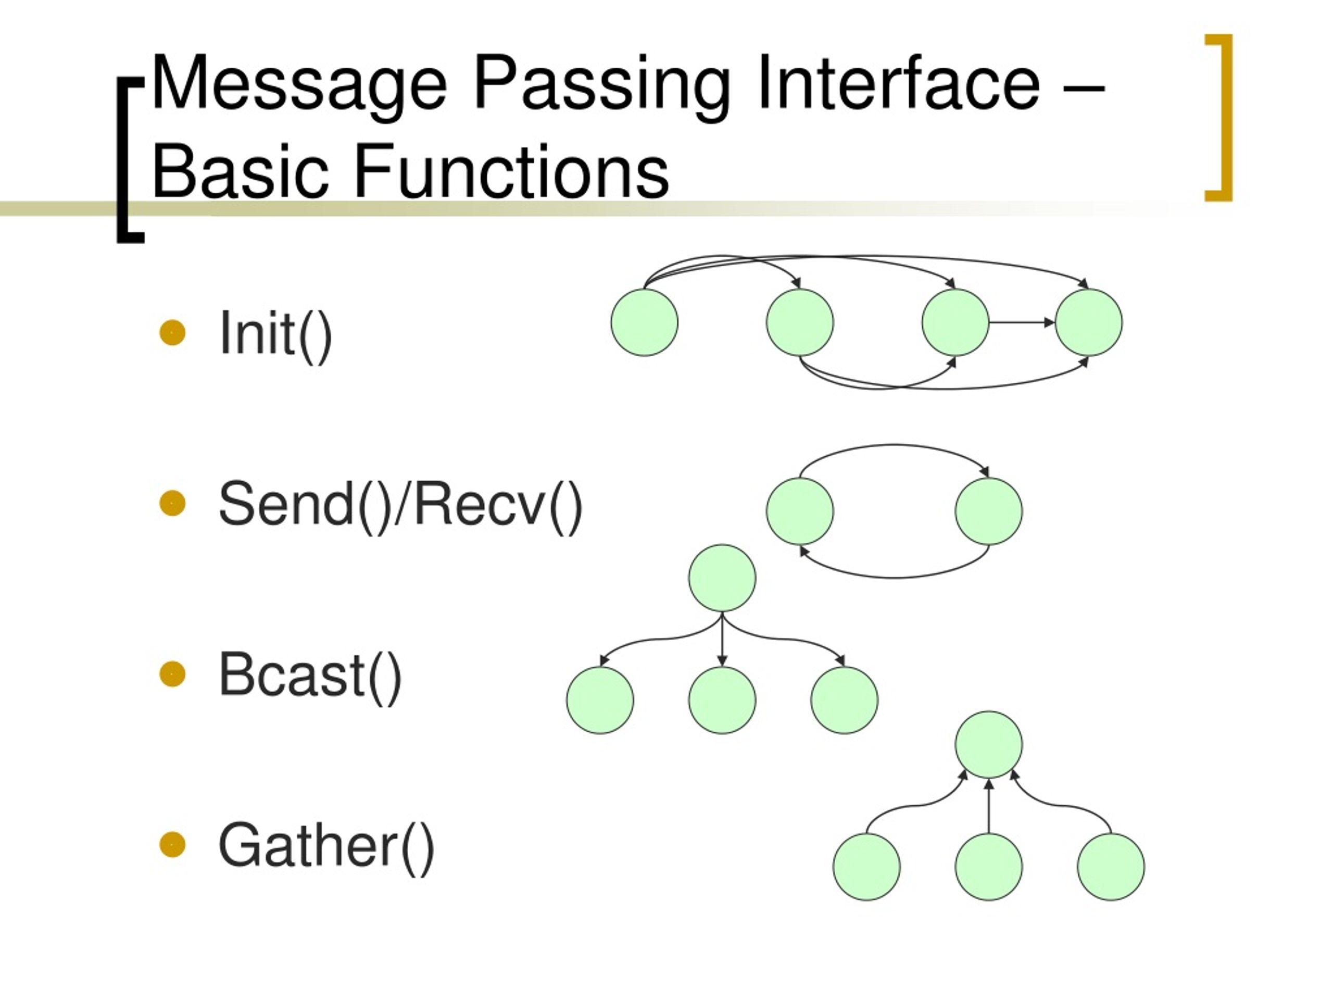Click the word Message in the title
[298, 84]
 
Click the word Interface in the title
[898, 84]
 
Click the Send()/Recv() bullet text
[400, 505]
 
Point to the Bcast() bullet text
[310, 675]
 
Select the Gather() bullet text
[326, 846]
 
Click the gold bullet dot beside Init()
[172, 332]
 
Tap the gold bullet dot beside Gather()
[172, 844]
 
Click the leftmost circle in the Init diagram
[644, 322]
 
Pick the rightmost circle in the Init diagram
[1088, 322]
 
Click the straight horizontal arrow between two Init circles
[1022, 322]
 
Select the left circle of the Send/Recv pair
[800, 511]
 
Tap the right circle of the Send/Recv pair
[988, 511]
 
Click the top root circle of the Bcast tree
[722, 578]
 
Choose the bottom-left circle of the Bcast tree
[600, 701]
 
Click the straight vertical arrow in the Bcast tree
[722, 639]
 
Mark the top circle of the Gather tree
[988, 744]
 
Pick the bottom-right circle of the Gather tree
[1111, 867]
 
